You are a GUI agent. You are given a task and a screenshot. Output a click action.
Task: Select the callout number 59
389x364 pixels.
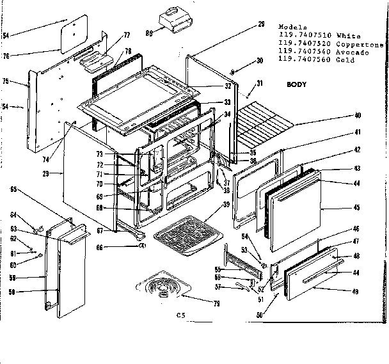point(13,278)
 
